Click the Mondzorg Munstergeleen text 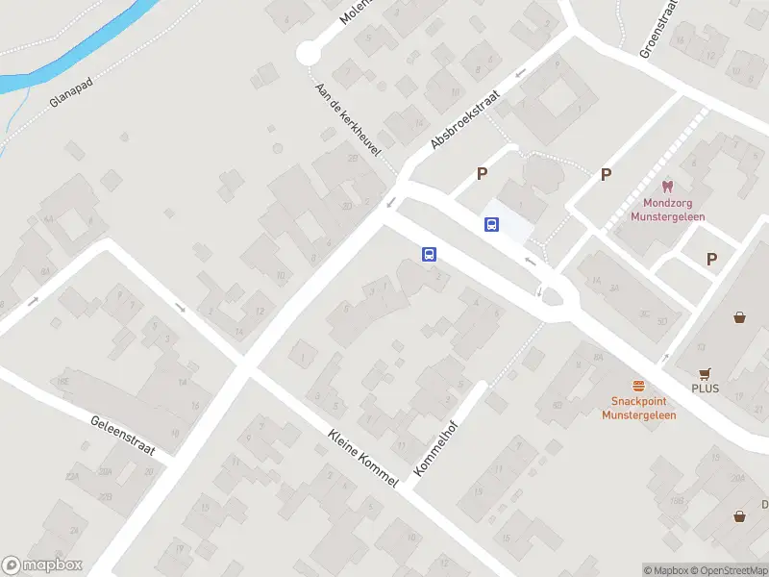coord(667,210)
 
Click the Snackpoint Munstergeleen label coord(638,409)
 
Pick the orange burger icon coord(638,385)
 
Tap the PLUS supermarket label coord(705,389)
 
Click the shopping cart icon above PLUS coord(706,373)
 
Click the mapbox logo coord(42,565)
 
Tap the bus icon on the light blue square coord(491,224)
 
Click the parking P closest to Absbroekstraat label coord(482,174)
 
